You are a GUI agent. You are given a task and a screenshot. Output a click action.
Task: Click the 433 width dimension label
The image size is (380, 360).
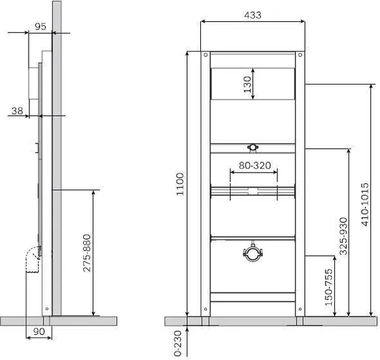point(253,15)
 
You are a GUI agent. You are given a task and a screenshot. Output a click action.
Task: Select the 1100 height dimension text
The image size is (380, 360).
point(180,184)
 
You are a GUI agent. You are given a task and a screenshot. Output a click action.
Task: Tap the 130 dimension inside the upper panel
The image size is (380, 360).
point(247,85)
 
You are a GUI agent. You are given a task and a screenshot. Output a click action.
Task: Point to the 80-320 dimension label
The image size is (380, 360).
point(255,165)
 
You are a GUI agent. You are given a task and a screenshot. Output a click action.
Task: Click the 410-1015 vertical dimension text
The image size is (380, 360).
point(365,205)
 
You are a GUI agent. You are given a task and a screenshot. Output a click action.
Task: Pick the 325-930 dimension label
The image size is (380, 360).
point(343,236)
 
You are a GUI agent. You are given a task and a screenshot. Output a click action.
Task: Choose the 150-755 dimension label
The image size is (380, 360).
point(329,287)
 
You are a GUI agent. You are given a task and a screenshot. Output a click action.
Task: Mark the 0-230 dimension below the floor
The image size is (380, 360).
point(178,343)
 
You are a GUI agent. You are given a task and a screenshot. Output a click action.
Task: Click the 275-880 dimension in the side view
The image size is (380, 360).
point(86,253)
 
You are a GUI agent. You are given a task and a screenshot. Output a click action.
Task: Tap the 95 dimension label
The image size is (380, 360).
point(40,27)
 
